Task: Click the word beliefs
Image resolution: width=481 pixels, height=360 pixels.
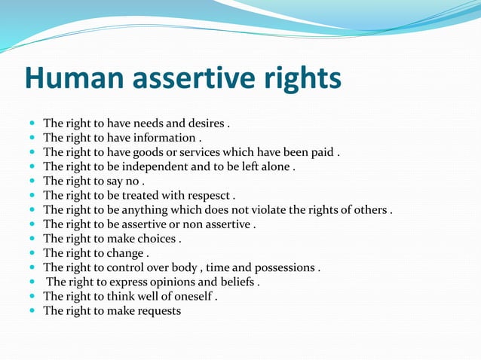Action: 235,282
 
